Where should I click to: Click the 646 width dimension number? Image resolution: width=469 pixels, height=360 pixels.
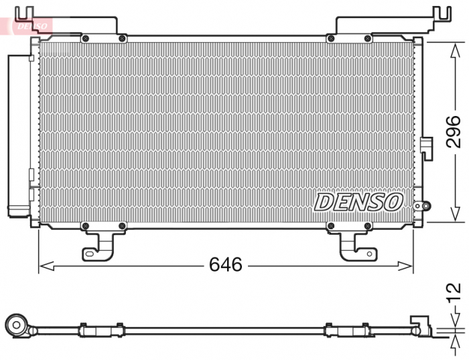(x=225, y=265)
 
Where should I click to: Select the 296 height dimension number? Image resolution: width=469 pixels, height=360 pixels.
(x=454, y=131)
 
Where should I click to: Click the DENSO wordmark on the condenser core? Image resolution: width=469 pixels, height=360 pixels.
(x=358, y=201)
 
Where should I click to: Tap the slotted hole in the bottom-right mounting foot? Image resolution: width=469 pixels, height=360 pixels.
(x=361, y=253)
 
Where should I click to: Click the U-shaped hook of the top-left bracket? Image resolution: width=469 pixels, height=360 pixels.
(x=24, y=13)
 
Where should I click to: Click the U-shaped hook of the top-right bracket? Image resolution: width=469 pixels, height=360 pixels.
(x=442, y=13)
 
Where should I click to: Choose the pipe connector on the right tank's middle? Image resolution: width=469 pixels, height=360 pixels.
(x=426, y=147)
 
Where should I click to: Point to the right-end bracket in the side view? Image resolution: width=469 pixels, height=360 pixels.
(x=421, y=324)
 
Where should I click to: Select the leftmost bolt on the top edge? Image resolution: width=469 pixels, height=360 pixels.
(x=85, y=39)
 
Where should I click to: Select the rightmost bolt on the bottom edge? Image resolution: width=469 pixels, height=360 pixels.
(x=367, y=226)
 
